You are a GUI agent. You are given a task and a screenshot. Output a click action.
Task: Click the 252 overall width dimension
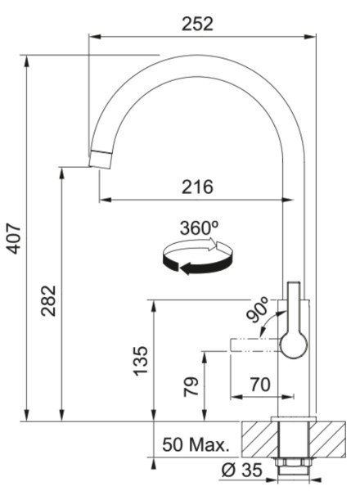tap(197, 24)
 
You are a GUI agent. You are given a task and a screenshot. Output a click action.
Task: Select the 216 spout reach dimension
tap(197, 187)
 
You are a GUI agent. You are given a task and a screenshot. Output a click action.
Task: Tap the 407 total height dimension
tap(14, 238)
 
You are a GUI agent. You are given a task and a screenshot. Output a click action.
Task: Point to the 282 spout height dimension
tap(49, 300)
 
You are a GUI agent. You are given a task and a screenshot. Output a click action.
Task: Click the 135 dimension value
tap(141, 361)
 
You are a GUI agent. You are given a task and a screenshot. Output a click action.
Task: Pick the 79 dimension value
tap(191, 387)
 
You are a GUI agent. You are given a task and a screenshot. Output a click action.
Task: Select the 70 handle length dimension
tap(260, 385)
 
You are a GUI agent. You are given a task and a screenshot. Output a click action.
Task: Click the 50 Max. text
tap(196, 444)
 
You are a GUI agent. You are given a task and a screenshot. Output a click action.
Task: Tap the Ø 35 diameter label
tap(241, 470)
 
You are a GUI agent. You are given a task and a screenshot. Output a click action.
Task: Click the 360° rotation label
tap(199, 227)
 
